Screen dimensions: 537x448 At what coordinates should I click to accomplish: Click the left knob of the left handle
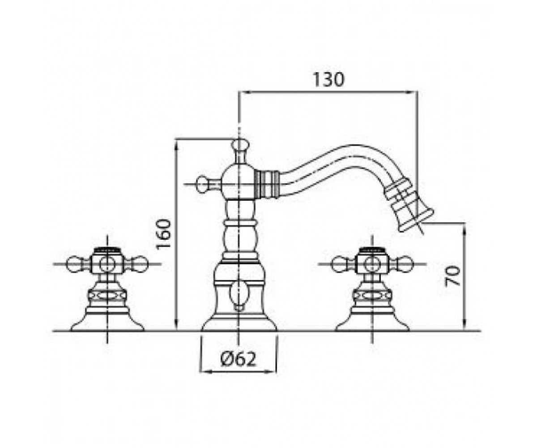[x=73, y=264]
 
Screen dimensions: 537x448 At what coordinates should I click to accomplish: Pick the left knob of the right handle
[x=338, y=264]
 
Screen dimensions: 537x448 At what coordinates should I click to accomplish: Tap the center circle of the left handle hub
[x=107, y=264]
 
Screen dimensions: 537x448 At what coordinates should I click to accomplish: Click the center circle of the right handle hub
[x=372, y=264]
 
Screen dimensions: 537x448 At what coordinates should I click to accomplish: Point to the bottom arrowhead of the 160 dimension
[x=176, y=325]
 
